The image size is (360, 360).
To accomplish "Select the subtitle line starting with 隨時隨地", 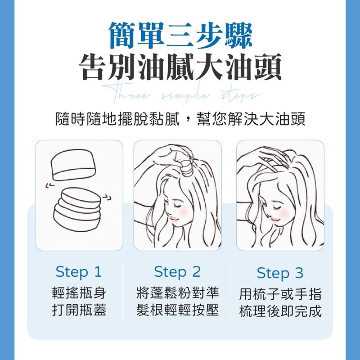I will click(180, 119).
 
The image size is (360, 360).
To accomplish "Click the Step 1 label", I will click(79, 272).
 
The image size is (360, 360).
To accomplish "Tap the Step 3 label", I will click(280, 273).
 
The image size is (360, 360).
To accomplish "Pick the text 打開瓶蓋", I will click(79, 310).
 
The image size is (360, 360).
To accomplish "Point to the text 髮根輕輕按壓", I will click(178, 310).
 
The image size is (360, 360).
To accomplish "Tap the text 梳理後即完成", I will click(280, 311).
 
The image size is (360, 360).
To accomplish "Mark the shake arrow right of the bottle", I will click(107, 196).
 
